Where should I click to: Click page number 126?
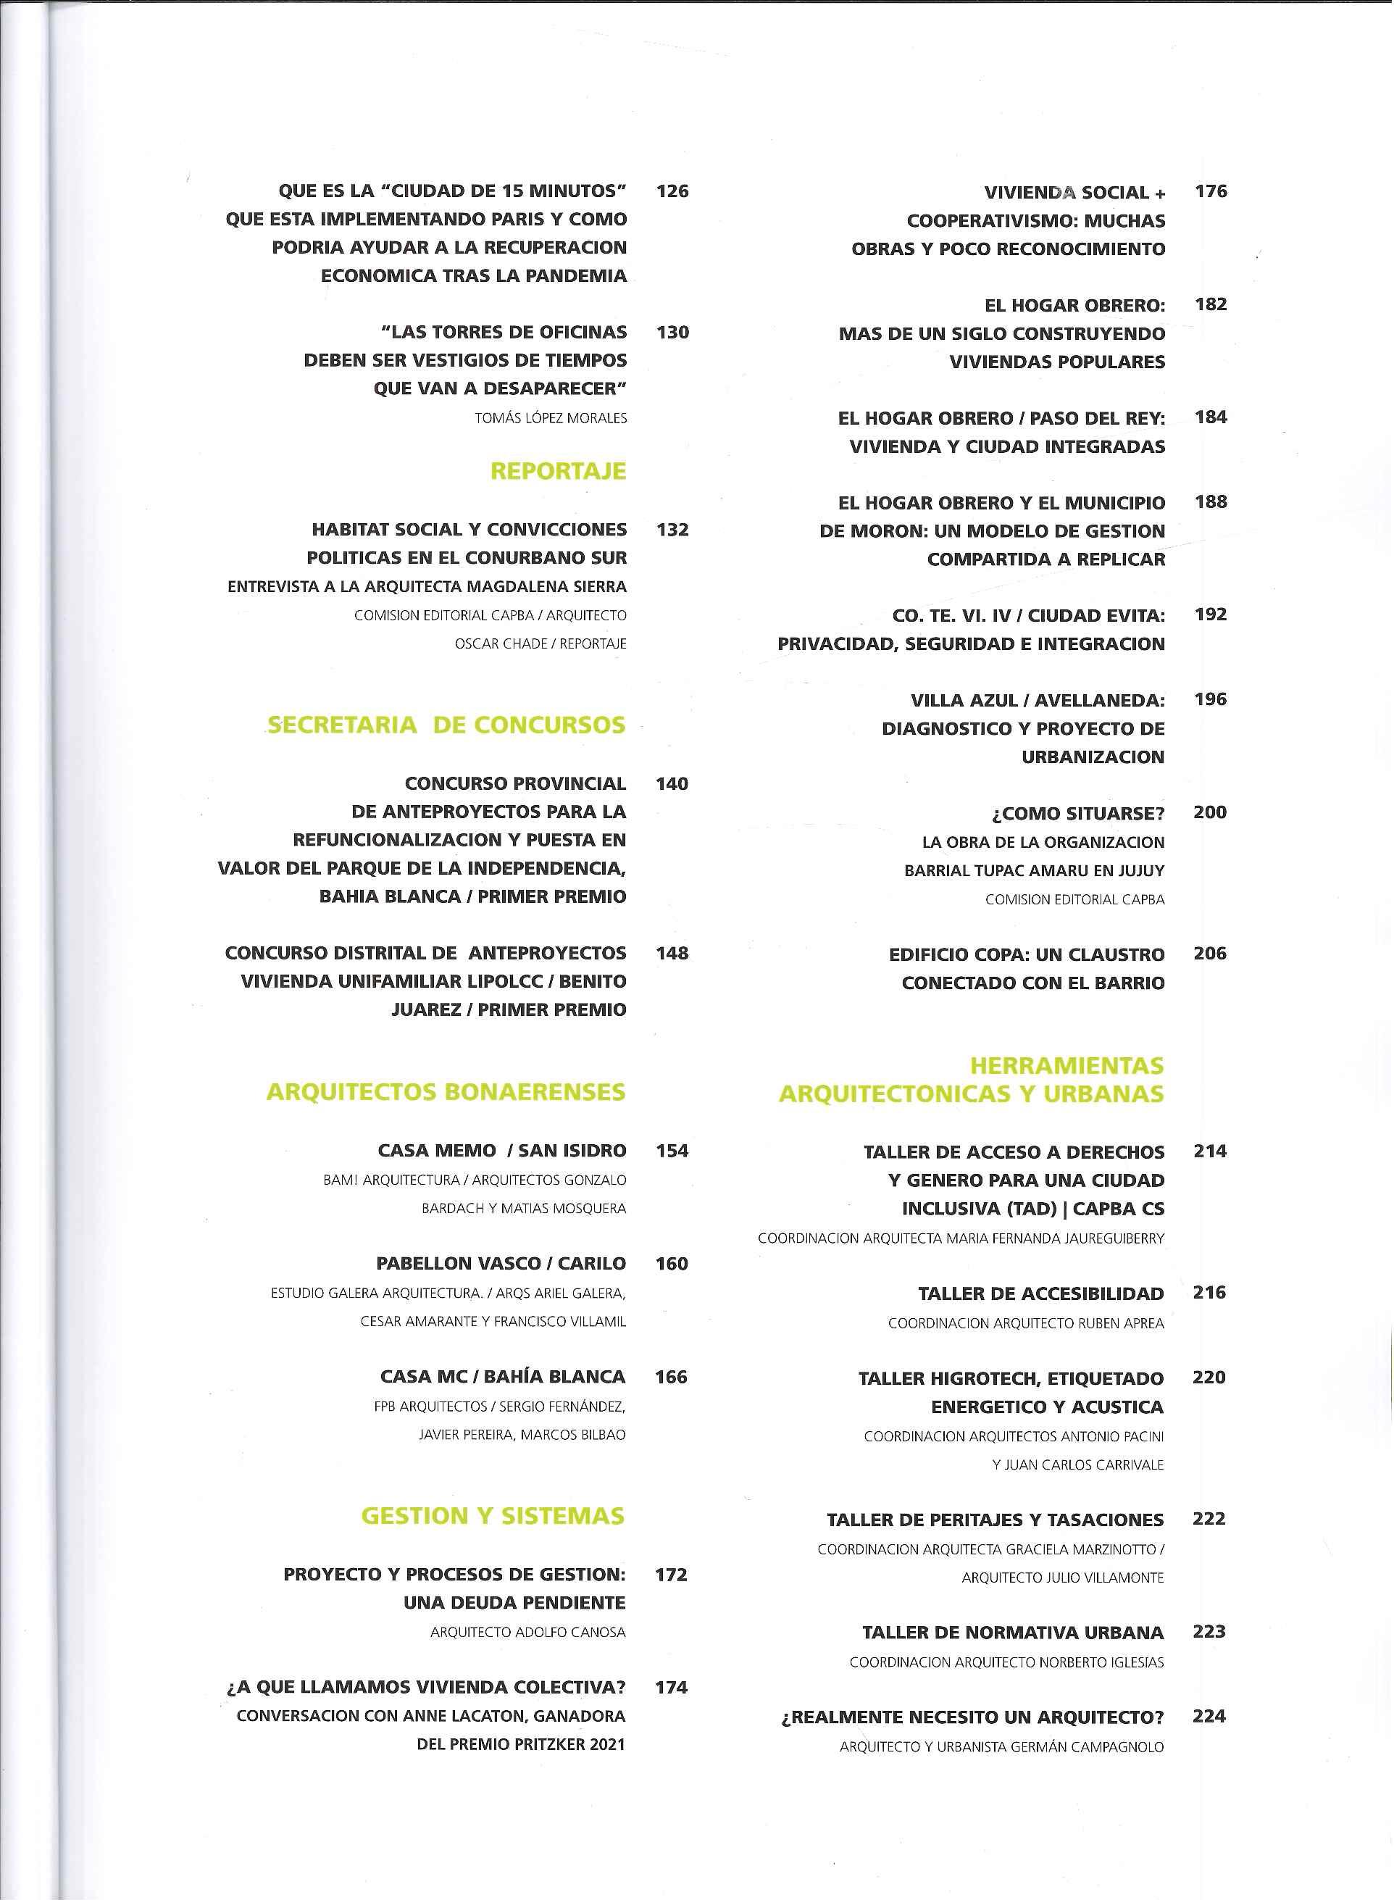(672, 191)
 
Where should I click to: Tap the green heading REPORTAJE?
(558, 471)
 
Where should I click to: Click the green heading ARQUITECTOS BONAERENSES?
(446, 1092)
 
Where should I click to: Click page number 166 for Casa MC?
(671, 1376)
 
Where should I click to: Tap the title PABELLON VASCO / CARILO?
(501, 1263)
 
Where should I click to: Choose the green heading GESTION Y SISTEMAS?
(493, 1516)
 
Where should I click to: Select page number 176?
(1211, 191)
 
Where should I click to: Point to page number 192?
(1211, 614)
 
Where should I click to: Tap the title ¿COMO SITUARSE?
(1077, 813)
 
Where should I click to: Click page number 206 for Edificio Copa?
(1210, 954)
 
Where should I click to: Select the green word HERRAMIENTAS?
(1067, 1066)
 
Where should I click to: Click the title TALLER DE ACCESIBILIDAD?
(1040, 1293)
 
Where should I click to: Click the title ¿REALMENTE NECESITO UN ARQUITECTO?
(972, 1717)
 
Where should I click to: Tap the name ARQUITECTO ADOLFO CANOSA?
(527, 1632)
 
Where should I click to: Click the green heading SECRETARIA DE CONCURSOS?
(446, 725)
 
